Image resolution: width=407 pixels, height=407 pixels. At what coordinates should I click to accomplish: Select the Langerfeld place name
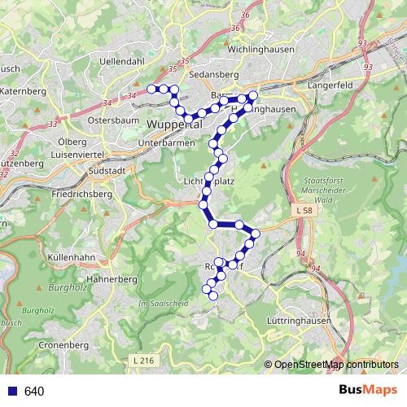click(x=331, y=85)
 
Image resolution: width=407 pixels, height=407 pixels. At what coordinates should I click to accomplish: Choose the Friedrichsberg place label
click(x=81, y=195)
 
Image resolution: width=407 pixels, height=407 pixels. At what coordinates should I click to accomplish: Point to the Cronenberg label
click(x=62, y=345)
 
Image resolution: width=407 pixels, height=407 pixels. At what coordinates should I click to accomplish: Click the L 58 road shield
click(x=304, y=211)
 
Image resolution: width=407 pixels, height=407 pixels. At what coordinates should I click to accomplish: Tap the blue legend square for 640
click(x=11, y=391)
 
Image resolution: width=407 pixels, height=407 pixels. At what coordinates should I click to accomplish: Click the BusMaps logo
click(x=369, y=390)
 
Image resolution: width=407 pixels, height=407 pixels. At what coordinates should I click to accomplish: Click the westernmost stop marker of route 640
click(x=151, y=89)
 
